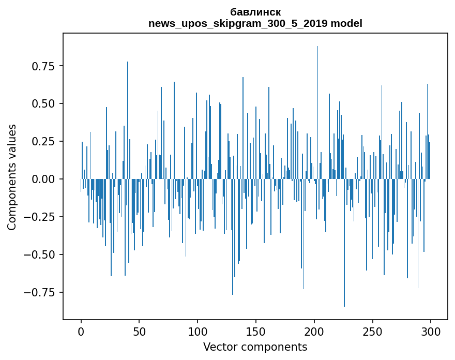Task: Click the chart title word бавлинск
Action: click(255, 12)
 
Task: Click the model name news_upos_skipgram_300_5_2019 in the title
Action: click(238, 24)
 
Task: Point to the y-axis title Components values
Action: click(12, 177)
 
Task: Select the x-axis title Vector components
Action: click(255, 347)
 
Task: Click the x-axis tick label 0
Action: click(81, 332)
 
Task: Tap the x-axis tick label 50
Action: click(139, 332)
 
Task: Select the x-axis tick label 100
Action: click(198, 332)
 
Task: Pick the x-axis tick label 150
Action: click(256, 332)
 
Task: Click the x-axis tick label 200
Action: click(314, 332)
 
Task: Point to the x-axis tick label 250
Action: click(372, 332)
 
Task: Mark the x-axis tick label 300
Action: click(431, 332)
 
